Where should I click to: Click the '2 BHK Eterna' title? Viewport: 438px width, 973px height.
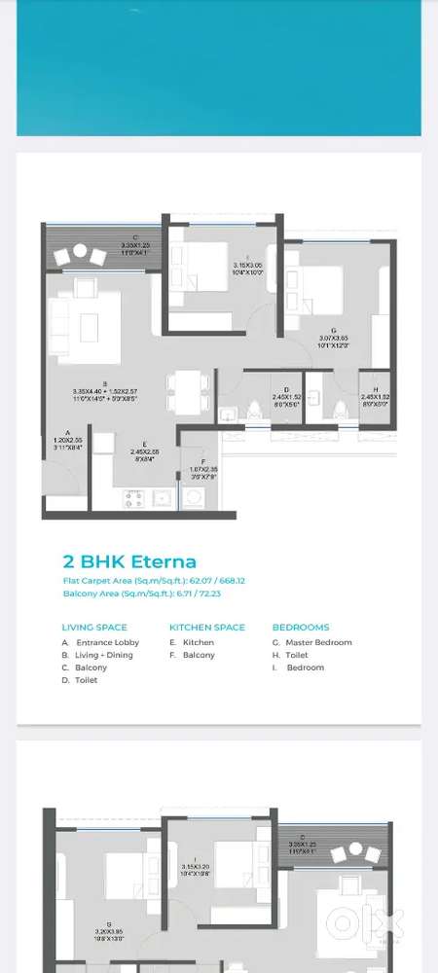coord(129,561)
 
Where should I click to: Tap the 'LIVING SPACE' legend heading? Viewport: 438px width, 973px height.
coord(94,628)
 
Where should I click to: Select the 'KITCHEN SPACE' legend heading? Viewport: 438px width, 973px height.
coord(206,628)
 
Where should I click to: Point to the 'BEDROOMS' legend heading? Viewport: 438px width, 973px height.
coord(301,628)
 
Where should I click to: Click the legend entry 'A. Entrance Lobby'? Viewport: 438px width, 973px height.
coord(100,642)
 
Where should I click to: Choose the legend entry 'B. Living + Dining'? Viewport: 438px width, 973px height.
coord(97,655)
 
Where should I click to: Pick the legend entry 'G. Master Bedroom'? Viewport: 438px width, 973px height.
coord(311,642)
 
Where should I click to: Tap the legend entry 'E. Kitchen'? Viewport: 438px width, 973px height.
coord(192,642)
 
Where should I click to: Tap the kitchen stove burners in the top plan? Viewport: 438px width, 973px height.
coord(134,499)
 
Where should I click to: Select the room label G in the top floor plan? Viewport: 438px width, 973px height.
coord(334,330)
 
